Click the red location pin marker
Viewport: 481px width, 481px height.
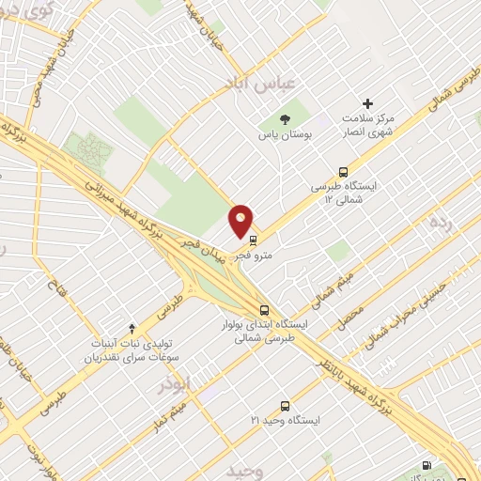coord(241,222)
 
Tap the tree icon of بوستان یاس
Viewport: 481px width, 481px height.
coord(285,118)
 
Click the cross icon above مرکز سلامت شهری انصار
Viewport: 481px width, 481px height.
coord(367,103)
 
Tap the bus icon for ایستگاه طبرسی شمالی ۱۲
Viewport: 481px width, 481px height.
coord(344,171)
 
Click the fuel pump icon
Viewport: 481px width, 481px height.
coord(427,465)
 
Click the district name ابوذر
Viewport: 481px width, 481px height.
coord(176,383)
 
